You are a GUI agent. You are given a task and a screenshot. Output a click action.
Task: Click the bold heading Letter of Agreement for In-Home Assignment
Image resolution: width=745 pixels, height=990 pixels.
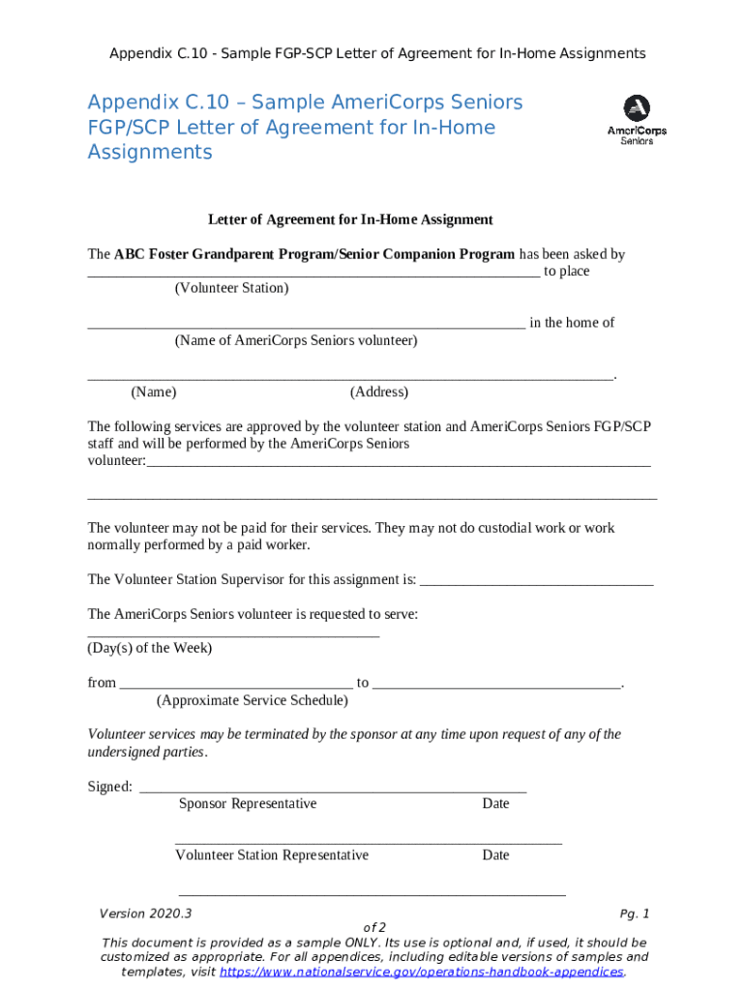click(x=350, y=219)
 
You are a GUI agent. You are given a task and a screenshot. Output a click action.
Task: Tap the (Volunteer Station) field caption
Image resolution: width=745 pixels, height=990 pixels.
click(x=231, y=288)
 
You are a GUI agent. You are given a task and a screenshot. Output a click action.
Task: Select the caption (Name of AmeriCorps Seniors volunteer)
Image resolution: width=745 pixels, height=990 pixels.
click(x=296, y=340)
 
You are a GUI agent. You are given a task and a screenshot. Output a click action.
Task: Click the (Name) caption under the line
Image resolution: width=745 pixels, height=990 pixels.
click(x=153, y=392)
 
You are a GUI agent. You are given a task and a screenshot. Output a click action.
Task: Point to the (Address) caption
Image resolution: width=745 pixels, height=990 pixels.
click(x=378, y=392)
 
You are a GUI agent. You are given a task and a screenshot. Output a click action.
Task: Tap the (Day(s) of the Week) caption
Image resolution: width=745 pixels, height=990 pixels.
click(x=150, y=648)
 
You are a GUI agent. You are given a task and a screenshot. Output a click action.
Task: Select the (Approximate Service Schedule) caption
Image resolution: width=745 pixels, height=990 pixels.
click(x=252, y=700)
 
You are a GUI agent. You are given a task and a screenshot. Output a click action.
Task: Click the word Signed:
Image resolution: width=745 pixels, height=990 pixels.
click(x=109, y=787)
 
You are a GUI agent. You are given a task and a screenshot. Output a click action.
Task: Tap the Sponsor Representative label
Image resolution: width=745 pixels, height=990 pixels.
click(x=248, y=803)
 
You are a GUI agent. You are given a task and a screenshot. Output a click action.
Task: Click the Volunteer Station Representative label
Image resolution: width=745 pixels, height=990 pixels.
click(x=272, y=855)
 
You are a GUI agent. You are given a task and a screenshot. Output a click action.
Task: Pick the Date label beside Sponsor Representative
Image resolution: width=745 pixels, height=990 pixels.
click(x=495, y=803)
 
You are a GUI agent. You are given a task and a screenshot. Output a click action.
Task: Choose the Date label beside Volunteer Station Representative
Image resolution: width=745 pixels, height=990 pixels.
click(x=495, y=855)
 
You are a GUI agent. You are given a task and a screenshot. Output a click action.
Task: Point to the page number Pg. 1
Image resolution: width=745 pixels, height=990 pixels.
click(x=634, y=914)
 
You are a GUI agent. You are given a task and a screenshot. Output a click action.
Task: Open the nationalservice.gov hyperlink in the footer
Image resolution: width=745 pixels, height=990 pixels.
click(x=422, y=972)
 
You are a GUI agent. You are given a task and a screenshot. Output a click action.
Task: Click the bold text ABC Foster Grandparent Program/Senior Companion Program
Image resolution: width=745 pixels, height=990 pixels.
click(x=314, y=254)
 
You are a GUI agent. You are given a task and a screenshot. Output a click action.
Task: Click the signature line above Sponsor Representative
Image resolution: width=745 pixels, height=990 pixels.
click(x=333, y=791)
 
